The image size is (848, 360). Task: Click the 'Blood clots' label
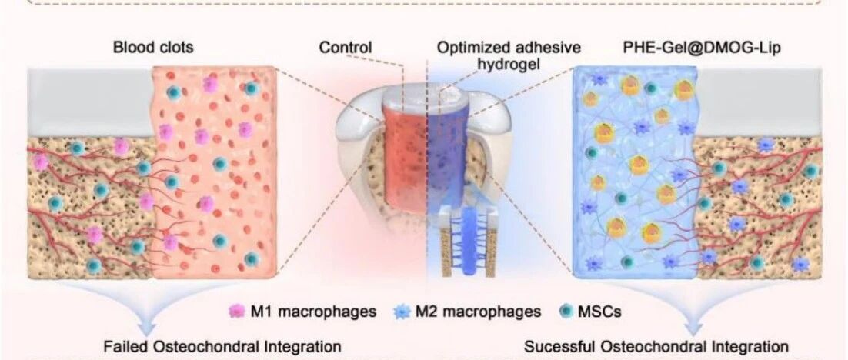(152, 48)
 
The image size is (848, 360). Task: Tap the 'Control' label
(345, 48)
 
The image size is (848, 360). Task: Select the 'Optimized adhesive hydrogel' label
(509, 55)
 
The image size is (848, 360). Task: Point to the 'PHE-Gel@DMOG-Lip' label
(703, 48)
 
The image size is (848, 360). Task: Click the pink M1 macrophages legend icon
(237, 312)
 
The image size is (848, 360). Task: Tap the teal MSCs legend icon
(566, 312)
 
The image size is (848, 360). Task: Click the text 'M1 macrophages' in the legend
(313, 312)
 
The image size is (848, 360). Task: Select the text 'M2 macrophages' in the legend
(478, 312)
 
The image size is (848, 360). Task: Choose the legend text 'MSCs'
(599, 312)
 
